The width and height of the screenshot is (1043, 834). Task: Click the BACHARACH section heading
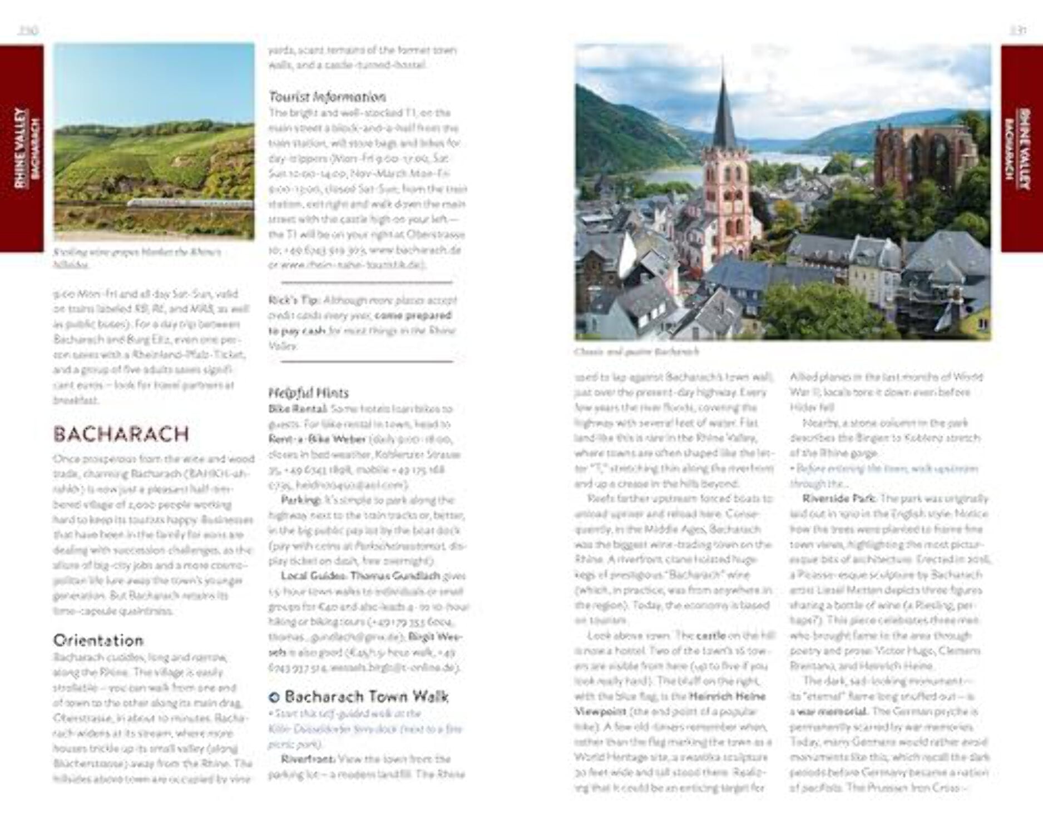(x=121, y=434)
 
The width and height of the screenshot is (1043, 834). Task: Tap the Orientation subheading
(x=98, y=641)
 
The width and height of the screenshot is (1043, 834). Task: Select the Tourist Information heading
(x=327, y=97)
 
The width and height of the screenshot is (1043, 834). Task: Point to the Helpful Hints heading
(x=308, y=393)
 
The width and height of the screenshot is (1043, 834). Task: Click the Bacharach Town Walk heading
(x=366, y=697)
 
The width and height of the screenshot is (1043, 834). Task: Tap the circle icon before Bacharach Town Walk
(x=274, y=697)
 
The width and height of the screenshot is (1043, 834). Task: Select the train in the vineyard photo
(x=189, y=203)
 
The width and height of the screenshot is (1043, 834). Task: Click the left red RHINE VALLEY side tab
(x=22, y=148)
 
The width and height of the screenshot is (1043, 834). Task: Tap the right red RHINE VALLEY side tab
(x=1022, y=148)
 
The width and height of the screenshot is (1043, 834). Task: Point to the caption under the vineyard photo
(x=137, y=258)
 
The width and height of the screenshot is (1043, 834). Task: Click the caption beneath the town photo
(x=636, y=352)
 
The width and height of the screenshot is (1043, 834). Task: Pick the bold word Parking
(x=301, y=500)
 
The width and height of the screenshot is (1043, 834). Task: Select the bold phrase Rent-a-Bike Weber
(x=317, y=439)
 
